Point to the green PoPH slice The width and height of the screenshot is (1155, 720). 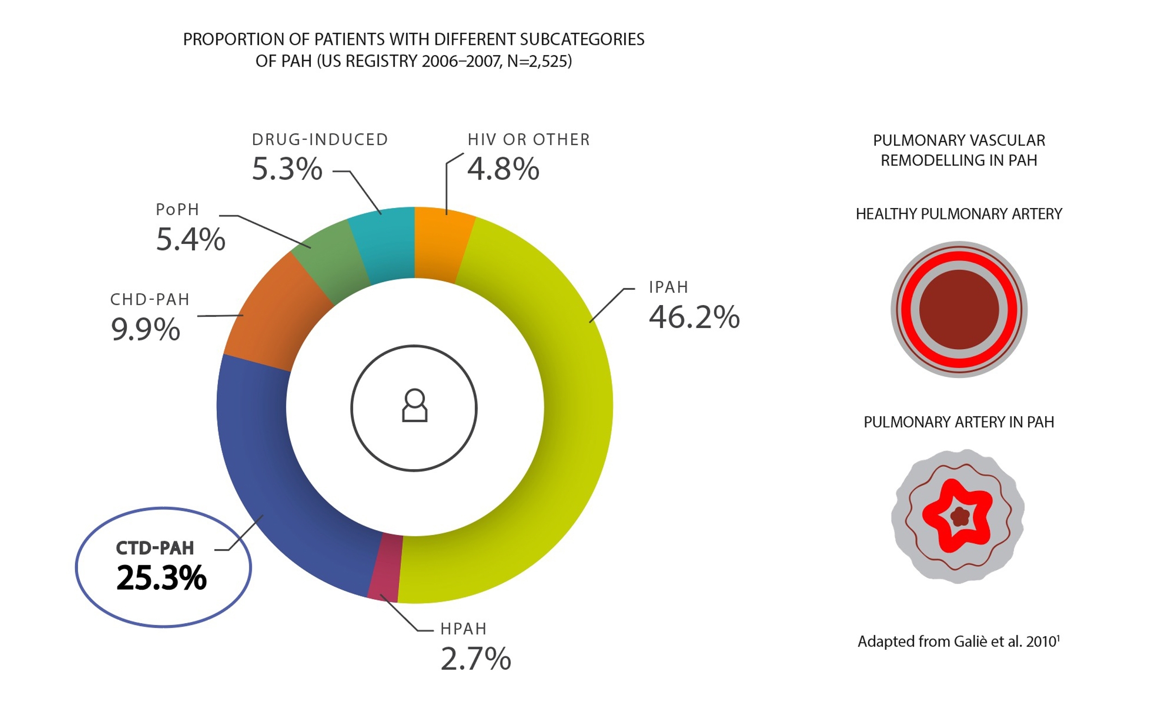tap(333, 262)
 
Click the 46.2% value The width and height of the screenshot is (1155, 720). tap(693, 317)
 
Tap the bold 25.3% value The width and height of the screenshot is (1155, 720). tap(161, 578)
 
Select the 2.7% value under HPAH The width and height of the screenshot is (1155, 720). tap(475, 659)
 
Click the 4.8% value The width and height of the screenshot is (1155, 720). tap(503, 169)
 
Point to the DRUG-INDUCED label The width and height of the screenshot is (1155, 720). tap(320, 140)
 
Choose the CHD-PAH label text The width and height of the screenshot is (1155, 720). tap(150, 299)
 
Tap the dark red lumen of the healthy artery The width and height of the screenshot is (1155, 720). tap(958, 310)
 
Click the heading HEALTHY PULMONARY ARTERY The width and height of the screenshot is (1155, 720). tap(958, 214)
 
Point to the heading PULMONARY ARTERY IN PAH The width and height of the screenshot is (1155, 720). tap(958, 422)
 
